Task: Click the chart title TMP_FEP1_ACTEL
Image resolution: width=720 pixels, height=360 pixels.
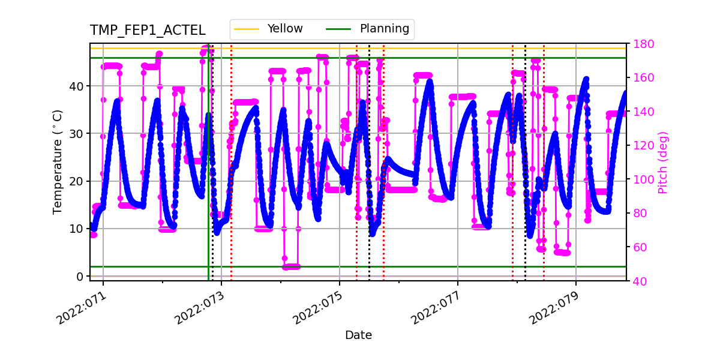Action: point(148,31)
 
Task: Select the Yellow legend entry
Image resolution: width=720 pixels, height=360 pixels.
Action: point(285,29)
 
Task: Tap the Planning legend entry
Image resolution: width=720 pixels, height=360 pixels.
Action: point(384,29)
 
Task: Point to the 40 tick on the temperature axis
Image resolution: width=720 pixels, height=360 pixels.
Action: point(77,86)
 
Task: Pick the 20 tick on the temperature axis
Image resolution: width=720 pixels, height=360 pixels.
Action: point(77,181)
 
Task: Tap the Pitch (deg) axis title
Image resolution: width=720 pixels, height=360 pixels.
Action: point(662,162)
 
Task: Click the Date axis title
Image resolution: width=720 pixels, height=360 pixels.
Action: point(358,335)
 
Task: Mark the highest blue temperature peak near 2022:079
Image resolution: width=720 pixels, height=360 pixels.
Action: point(586,79)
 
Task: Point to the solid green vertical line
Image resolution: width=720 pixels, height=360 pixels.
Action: point(209,180)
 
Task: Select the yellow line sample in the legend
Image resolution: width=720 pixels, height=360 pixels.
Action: point(247,29)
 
